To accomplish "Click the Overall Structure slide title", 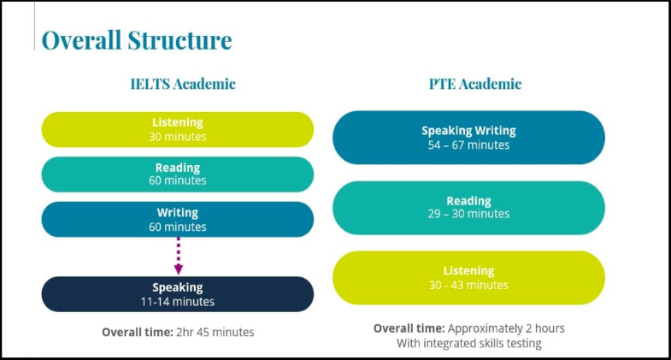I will pyautogui.click(x=137, y=40).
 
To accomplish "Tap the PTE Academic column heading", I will pyautogui.click(x=474, y=84).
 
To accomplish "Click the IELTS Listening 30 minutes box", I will pyautogui.click(x=178, y=129).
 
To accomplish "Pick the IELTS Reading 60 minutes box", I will pyautogui.click(x=178, y=174).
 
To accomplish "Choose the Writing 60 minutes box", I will pyautogui.click(x=178, y=219).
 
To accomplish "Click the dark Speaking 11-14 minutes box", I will pyautogui.click(x=178, y=294).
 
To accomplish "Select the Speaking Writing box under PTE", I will pyautogui.click(x=468, y=138).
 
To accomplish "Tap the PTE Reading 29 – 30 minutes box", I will pyautogui.click(x=468, y=208).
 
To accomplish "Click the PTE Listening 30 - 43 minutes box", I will pyautogui.click(x=468, y=278).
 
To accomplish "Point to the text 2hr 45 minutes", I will pyautogui.click(x=214, y=332).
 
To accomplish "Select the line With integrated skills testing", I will pyautogui.click(x=468, y=344).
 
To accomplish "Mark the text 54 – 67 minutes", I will pyautogui.click(x=468, y=145).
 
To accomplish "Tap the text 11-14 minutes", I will pyautogui.click(x=178, y=302).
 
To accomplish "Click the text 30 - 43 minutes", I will pyautogui.click(x=468, y=286).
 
